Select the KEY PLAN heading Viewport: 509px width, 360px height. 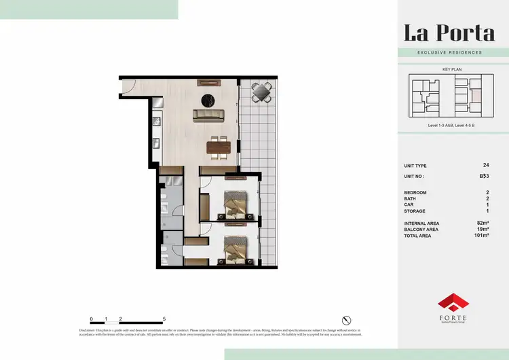tap(451, 70)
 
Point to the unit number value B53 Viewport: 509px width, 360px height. tap(484, 175)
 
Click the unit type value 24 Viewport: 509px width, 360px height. tap(485, 165)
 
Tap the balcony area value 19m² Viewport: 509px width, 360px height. tap(483, 229)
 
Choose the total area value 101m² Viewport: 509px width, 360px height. tap(483, 235)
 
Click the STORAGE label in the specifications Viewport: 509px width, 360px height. tap(416, 211)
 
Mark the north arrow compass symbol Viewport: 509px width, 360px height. tap(347, 319)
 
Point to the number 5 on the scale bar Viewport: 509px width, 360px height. tap(164, 319)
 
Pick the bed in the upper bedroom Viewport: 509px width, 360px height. tap(235, 203)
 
